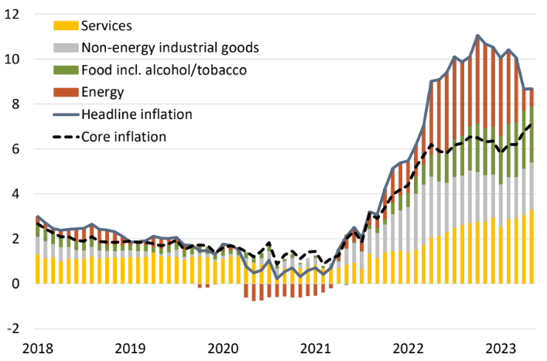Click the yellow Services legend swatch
pyautogui.click(x=65, y=26)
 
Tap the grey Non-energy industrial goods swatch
pyautogui.click(x=65, y=48)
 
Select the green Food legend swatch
pyautogui.click(x=65, y=70)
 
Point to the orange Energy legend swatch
pyautogui.click(x=65, y=93)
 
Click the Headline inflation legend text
pyautogui.click(x=136, y=114)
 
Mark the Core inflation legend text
pyautogui.click(x=124, y=137)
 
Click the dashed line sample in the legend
pyautogui.click(x=65, y=137)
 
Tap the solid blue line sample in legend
pyautogui.click(x=65, y=114)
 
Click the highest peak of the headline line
pyautogui.click(x=477, y=36)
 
